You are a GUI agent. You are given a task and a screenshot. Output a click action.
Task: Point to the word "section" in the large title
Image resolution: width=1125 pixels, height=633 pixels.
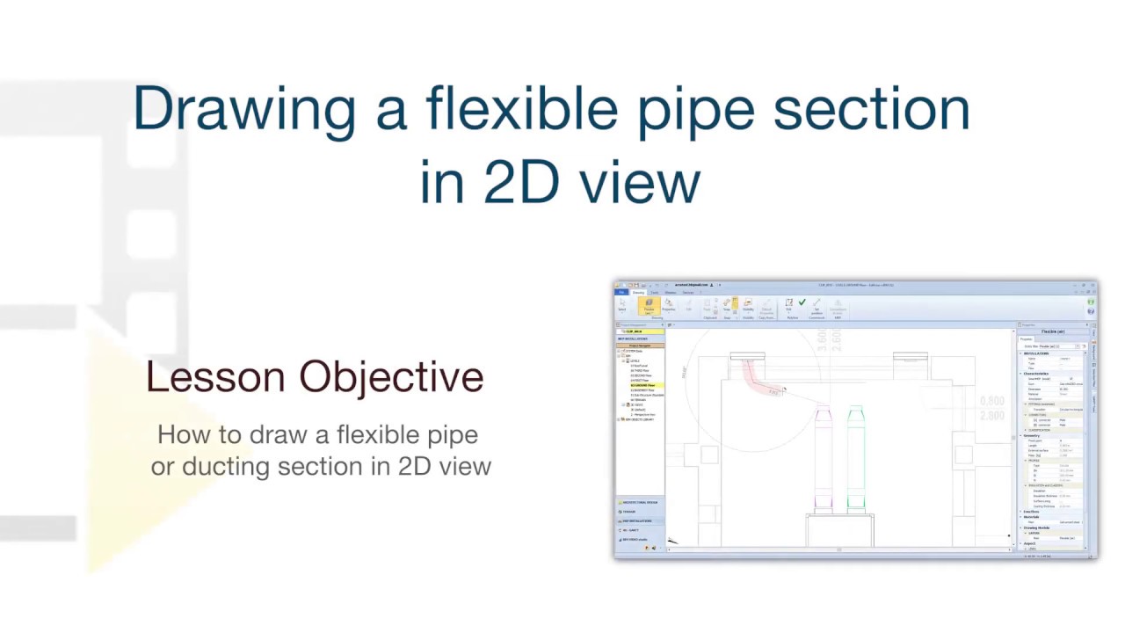pyautogui.click(x=871, y=108)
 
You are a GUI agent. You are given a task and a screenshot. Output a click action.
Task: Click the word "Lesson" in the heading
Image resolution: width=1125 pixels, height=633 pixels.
pyautogui.click(x=215, y=377)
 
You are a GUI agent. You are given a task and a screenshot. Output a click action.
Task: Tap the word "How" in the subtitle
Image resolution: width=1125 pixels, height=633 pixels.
pyautogui.click(x=181, y=434)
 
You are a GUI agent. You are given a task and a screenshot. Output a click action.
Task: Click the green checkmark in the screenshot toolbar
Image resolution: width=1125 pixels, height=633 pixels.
pyautogui.click(x=802, y=302)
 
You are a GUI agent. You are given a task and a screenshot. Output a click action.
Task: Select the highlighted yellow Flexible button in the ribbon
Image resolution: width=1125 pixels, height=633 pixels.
pyautogui.click(x=649, y=305)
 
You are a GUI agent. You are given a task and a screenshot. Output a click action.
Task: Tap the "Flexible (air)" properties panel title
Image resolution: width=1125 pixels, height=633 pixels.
pyautogui.click(x=1052, y=331)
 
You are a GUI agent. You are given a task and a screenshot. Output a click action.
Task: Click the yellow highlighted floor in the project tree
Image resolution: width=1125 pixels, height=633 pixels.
pyautogui.click(x=642, y=385)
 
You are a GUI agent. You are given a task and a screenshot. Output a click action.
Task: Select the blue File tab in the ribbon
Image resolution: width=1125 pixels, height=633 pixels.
pyautogui.click(x=621, y=292)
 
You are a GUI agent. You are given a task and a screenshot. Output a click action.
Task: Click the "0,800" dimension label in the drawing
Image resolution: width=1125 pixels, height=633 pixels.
pyautogui.click(x=991, y=402)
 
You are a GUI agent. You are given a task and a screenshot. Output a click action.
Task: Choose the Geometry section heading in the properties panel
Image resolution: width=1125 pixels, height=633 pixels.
pyautogui.click(x=1032, y=435)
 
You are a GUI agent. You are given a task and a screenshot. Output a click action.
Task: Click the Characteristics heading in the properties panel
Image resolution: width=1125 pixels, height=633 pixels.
pyautogui.click(x=1037, y=373)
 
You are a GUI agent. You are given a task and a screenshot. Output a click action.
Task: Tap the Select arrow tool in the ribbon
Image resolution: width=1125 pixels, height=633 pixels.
pyautogui.click(x=622, y=304)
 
